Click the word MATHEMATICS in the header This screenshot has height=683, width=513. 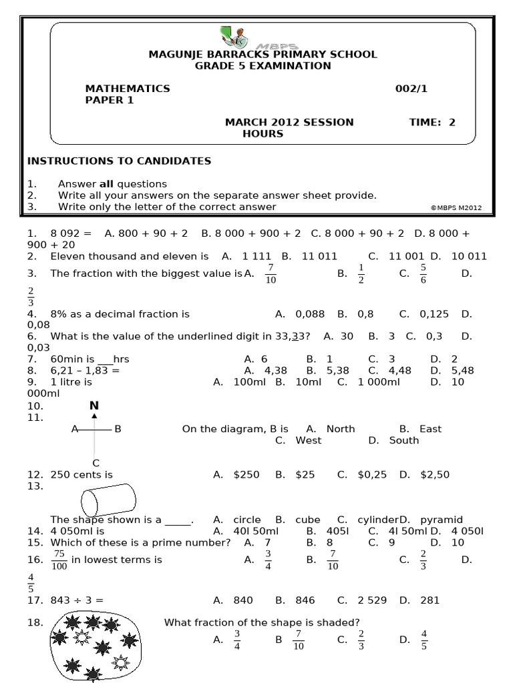(128, 88)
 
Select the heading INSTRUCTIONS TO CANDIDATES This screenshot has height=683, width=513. (119, 161)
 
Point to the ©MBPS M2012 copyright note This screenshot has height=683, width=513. (462, 207)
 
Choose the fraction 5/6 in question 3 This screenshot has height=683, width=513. (423, 273)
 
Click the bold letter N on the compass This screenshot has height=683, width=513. (94, 406)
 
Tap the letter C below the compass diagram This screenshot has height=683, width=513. (96, 463)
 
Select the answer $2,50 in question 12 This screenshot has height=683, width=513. (434, 475)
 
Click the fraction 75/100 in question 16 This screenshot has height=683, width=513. (59, 560)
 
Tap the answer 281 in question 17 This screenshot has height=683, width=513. (430, 600)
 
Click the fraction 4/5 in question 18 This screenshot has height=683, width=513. (423, 640)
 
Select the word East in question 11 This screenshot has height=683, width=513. (430, 429)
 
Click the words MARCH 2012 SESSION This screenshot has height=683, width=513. (289, 122)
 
